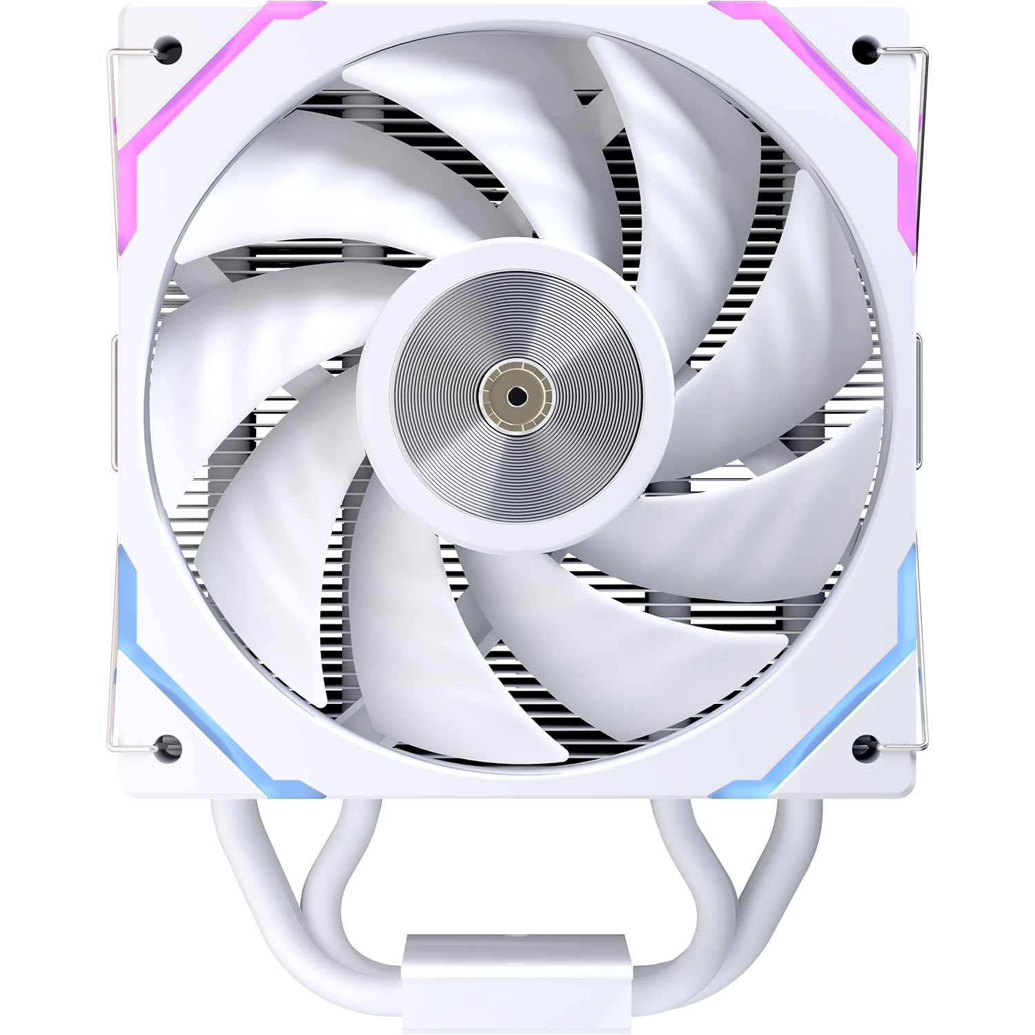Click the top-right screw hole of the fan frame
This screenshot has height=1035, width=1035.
(864, 49)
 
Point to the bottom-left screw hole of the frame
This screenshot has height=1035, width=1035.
(168, 747)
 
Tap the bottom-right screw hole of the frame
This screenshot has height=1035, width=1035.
(864, 747)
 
